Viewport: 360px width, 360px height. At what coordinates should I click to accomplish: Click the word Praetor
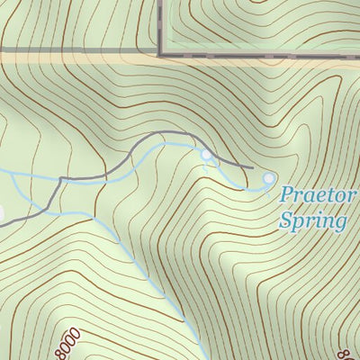318,195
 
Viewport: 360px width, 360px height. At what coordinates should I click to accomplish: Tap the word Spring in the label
312,220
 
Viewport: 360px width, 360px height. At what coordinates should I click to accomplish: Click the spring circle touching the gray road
206,156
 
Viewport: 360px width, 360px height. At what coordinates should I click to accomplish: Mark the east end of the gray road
252,168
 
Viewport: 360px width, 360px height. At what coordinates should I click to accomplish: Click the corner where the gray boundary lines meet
160,55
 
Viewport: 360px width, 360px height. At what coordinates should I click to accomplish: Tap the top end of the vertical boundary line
160,1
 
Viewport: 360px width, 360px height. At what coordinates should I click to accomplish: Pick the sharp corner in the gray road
60,180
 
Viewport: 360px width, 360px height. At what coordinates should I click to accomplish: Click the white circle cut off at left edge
1,214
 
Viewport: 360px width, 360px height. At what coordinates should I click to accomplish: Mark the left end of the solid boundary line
1,49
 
